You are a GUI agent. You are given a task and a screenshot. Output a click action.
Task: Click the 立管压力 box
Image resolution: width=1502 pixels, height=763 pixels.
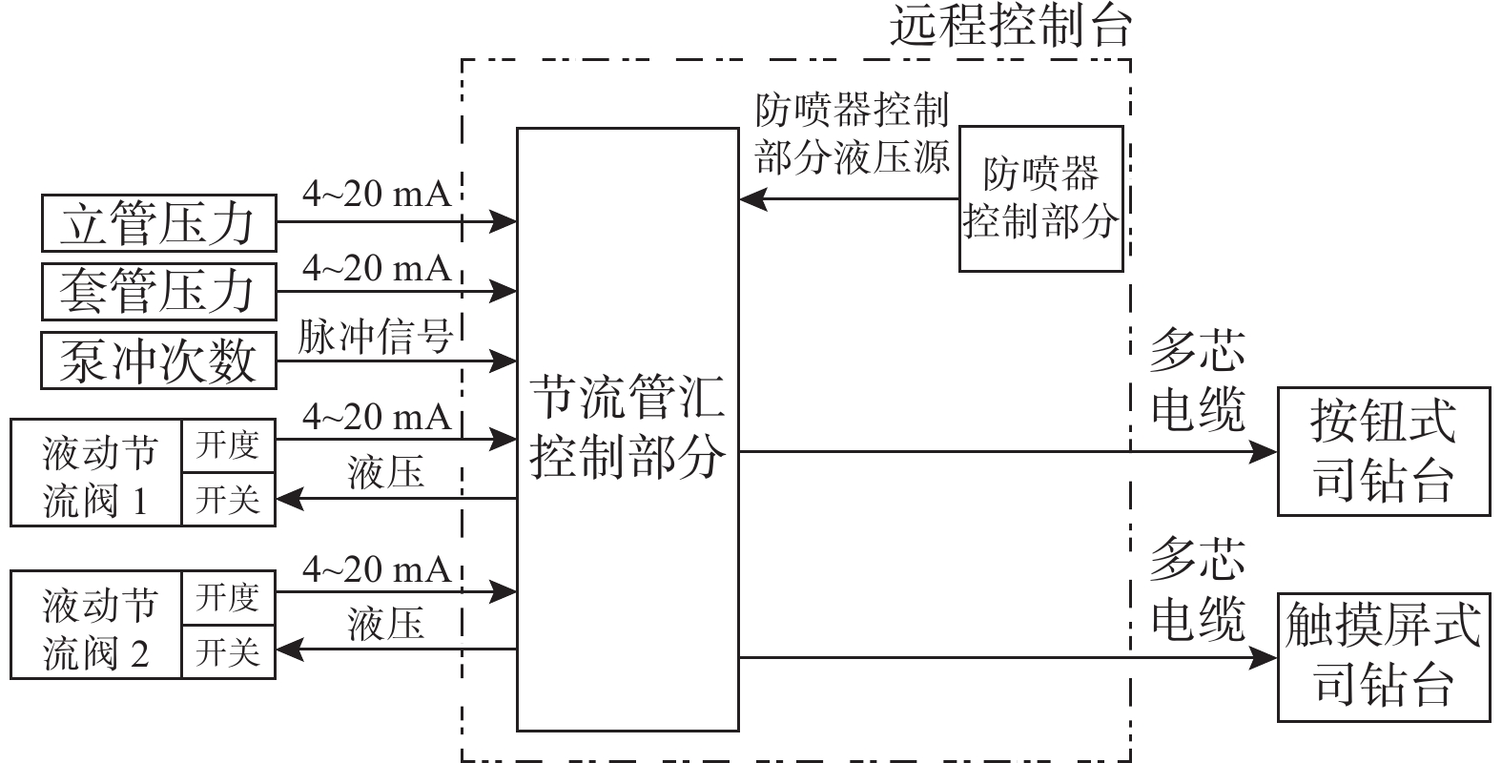(x=158, y=222)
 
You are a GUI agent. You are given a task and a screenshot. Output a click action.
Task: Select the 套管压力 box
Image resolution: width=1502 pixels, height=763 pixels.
(x=158, y=291)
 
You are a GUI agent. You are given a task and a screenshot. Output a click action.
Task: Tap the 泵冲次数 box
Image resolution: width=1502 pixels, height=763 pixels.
(x=158, y=361)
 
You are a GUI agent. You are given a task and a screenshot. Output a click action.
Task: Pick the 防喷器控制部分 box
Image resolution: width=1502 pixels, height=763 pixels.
(x=1040, y=198)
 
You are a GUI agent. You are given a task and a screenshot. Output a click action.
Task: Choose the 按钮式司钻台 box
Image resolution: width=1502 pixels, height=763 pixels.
(x=1383, y=451)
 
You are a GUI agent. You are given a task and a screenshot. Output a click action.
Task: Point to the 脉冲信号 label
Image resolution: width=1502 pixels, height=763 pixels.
(x=375, y=337)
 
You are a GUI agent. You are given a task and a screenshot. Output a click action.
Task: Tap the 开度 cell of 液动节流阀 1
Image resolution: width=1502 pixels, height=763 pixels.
(x=228, y=444)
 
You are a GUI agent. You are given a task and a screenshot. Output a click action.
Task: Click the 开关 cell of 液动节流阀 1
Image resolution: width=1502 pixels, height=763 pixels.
(x=228, y=499)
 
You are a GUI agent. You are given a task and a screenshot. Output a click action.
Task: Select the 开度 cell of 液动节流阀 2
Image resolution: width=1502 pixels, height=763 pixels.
(x=228, y=598)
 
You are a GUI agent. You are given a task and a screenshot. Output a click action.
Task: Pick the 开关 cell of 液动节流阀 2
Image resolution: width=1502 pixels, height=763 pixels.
(x=228, y=652)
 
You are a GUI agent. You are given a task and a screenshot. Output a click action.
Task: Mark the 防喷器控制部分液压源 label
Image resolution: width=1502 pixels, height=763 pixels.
(x=852, y=134)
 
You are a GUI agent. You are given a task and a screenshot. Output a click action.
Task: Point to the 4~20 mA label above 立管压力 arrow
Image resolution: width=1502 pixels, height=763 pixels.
(x=377, y=195)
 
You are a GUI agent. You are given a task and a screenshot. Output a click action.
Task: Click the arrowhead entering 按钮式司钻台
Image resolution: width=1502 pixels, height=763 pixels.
(x=1265, y=452)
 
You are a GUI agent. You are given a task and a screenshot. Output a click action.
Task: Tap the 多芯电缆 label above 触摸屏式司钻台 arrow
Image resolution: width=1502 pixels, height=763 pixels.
(x=1198, y=588)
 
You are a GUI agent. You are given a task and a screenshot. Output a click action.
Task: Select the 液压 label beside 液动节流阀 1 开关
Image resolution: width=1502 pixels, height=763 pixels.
(x=385, y=473)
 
